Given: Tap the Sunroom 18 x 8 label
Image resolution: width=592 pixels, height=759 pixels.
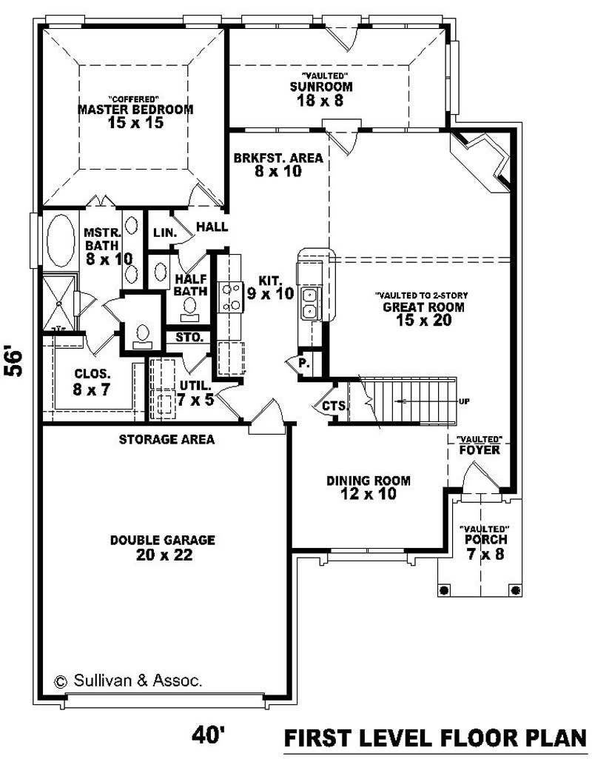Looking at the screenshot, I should click(x=320, y=93).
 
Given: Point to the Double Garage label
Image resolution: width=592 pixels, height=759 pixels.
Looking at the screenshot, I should click(x=163, y=547).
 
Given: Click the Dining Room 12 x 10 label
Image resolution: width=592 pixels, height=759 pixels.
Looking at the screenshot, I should click(x=369, y=487).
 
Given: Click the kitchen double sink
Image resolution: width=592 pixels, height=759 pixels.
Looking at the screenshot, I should click(x=309, y=303).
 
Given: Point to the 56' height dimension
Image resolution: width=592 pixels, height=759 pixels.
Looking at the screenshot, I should click(x=16, y=361).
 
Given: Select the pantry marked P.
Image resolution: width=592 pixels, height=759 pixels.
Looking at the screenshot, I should click(x=304, y=364).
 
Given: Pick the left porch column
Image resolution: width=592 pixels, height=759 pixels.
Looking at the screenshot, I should click(x=445, y=589).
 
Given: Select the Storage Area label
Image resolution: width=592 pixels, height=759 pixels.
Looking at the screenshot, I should click(x=166, y=440).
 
